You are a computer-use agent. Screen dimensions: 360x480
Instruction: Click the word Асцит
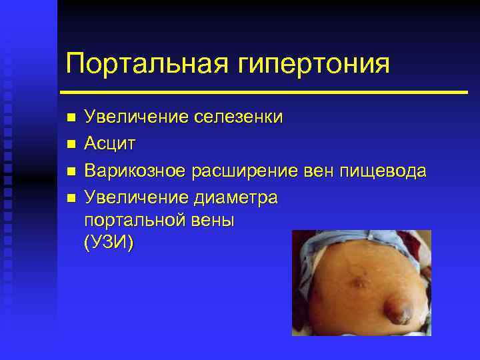point(111,143)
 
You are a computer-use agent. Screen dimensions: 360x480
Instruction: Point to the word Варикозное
point(135,171)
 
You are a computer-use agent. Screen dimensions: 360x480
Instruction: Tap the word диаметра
point(237,198)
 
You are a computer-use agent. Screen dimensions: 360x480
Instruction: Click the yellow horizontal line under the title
point(263,91)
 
